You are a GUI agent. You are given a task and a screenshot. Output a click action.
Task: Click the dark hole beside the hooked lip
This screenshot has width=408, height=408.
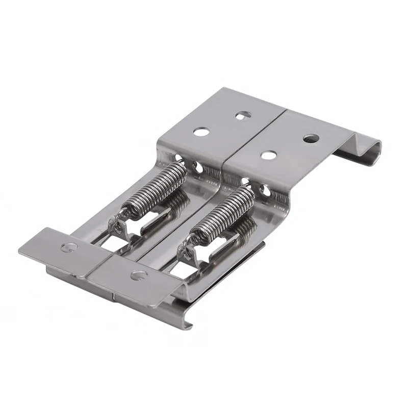pos(311,138)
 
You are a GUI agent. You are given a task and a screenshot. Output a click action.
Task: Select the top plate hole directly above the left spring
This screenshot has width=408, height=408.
pos(201,132)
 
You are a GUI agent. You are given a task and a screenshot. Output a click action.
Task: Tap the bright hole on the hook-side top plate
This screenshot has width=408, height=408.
pos(269,155)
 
